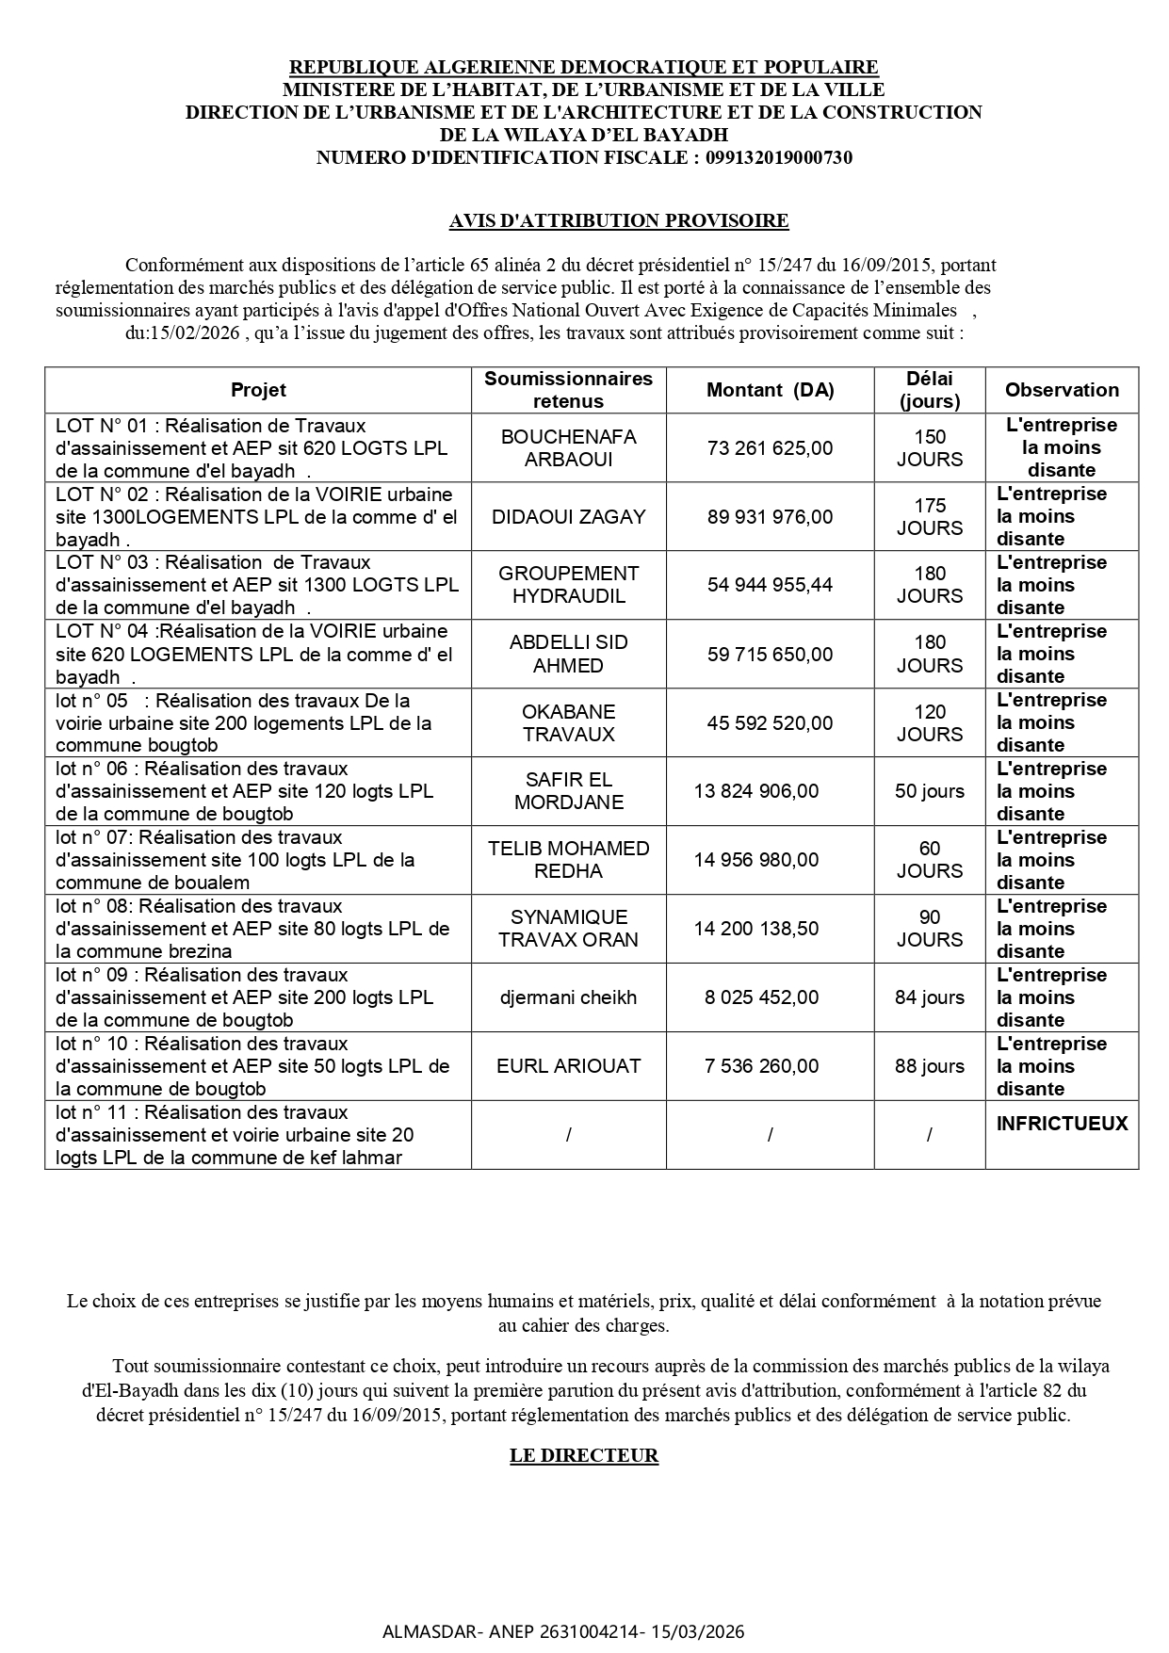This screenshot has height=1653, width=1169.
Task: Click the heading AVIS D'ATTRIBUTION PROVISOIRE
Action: tap(619, 220)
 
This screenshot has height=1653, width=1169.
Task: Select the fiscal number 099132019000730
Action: tap(779, 157)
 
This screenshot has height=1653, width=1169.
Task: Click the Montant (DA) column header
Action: tap(770, 390)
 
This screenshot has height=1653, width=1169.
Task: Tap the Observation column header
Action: tap(1062, 390)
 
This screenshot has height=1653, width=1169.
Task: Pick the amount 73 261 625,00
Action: tap(770, 448)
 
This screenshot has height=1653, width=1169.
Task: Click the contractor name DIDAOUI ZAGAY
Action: tap(568, 517)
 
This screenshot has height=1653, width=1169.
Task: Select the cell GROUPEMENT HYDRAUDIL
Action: tap(568, 585)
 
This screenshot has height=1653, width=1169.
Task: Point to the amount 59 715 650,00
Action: tap(770, 654)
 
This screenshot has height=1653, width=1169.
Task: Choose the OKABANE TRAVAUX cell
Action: tap(568, 723)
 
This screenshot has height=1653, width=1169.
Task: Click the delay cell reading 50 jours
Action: tap(929, 791)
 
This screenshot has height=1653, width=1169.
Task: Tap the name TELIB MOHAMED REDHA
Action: tap(568, 860)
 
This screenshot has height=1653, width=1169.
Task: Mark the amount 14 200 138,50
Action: tap(756, 929)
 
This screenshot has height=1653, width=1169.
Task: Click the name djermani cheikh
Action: tap(568, 997)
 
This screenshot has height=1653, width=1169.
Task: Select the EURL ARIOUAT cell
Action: tap(568, 1066)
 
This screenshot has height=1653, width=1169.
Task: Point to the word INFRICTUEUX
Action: tap(1062, 1124)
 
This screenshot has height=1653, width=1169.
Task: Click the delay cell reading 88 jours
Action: tap(929, 1066)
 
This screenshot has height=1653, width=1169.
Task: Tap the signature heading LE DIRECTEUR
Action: tap(584, 1455)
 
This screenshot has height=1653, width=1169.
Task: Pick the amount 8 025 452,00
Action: tap(761, 997)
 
